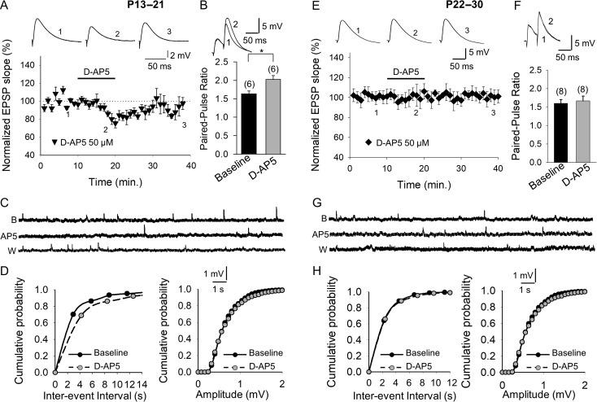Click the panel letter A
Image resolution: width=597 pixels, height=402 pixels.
(6, 7)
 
